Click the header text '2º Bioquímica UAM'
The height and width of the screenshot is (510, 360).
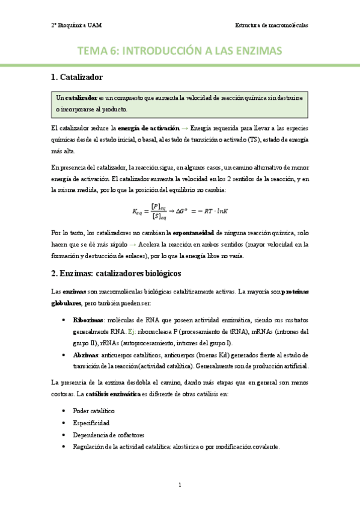[x=76, y=26]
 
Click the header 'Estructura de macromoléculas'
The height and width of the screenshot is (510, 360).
[x=271, y=26]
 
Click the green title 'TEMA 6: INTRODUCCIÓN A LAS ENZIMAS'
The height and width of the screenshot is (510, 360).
[x=180, y=52]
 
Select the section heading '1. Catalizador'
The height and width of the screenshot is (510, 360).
[x=78, y=77]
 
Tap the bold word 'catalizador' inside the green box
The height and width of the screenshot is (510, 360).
[x=82, y=97]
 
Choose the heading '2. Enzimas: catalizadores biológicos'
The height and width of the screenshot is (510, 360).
[x=116, y=274]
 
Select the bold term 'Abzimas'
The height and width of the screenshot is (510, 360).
[x=85, y=355]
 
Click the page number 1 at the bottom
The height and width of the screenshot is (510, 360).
[x=180, y=485]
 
